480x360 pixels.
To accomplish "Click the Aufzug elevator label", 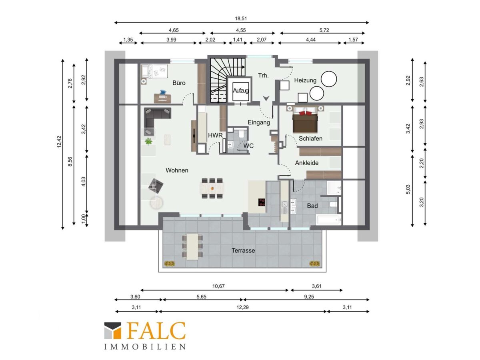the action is [x=240, y=90].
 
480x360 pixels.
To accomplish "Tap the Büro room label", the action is [x=179, y=83].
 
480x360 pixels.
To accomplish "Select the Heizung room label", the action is [x=305, y=80].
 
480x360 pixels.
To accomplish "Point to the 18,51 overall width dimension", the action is [x=241, y=18].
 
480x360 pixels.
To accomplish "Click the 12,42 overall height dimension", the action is [x=59, y=142].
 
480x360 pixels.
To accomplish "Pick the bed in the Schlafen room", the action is [x=305, y=120].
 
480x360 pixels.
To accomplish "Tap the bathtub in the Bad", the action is [x=328, y=220].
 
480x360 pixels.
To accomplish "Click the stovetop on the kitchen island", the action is [x=262, y=202].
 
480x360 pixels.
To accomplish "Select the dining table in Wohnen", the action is [x=212, y=188].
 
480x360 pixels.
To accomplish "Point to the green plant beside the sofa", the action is [x=149, y=141].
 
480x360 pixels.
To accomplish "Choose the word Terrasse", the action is [x=243, y=250].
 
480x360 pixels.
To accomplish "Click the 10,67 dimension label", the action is [x=218, y=286].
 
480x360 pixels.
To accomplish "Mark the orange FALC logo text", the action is [x=156, y=330].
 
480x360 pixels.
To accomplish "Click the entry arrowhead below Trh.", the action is [x=266, y=98].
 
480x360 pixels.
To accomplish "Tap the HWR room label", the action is [x=215, y=136].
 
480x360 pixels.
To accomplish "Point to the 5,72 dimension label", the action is [x=324, y=30].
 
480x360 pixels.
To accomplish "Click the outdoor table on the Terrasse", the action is [x=192, y=246].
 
